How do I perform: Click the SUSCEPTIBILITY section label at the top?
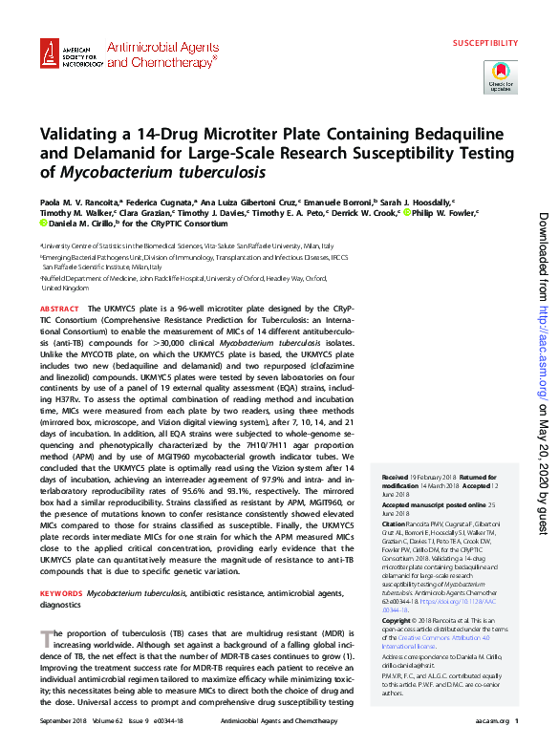[x=485, y=44]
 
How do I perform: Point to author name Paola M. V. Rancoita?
[x=80, y=203]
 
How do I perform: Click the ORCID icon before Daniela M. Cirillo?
[x=43, y=224]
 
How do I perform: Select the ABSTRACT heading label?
[x=59, y=310]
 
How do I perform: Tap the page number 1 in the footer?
[x=516, y=720]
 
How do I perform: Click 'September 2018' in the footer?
[x=62, y=720]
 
